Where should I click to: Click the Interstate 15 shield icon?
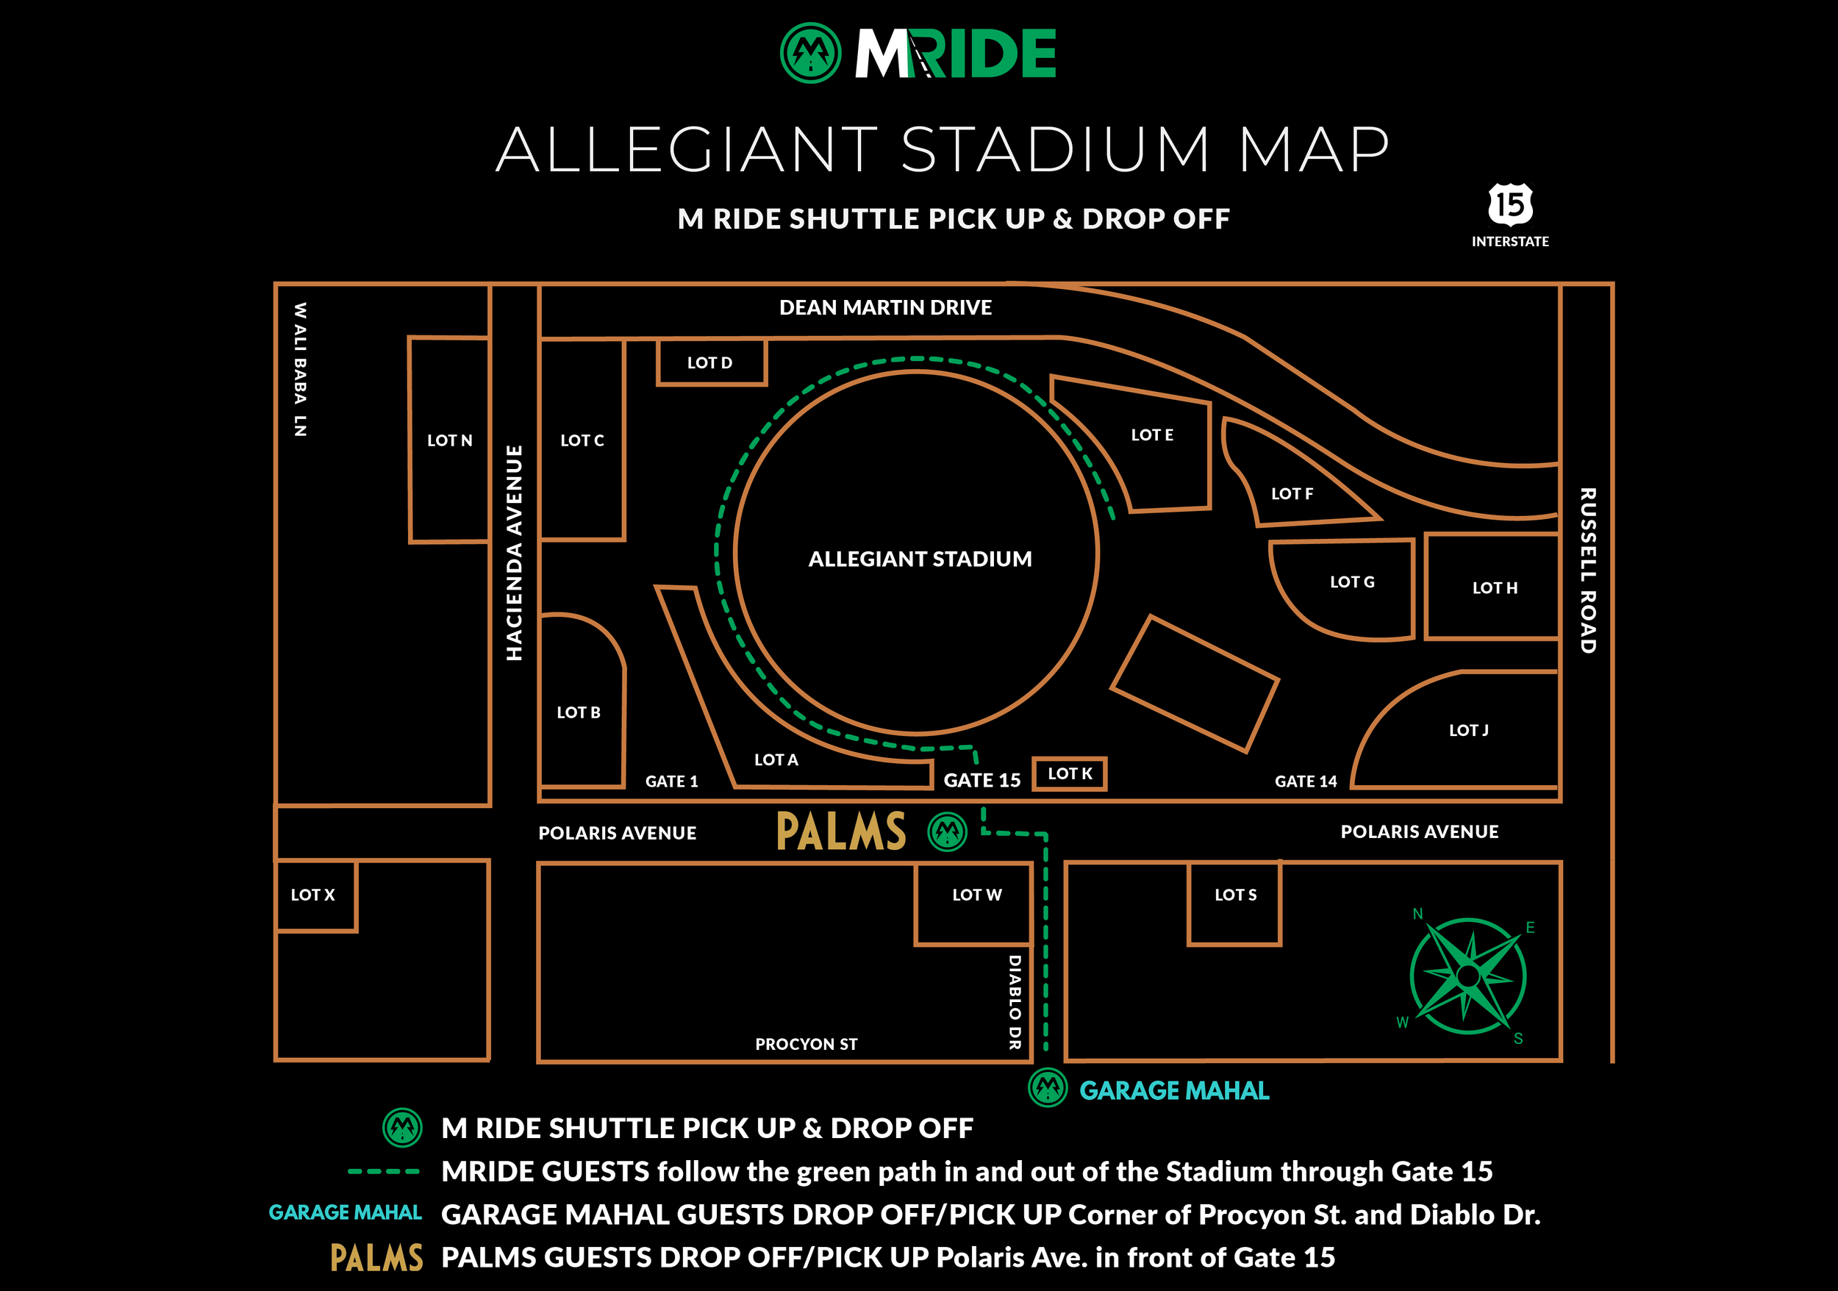pyautogui.click(x=1510, y=205)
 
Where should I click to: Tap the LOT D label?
pyautogui.click(x=709, y=362)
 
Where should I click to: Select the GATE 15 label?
pyautogui.click(x=981, y=780)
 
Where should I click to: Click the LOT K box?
pyautogui.click(x=1070, y=774)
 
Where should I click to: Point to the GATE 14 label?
pyautogui.click(x=1305, y=782)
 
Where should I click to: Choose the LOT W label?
pyautogui.click(x=976, y=895)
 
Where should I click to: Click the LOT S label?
pyautogui.click(x=1235, y=895)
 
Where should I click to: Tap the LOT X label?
pyautogui.click(x=312, y=895)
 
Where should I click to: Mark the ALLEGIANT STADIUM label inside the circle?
pyautogui.click(x=920, y=559)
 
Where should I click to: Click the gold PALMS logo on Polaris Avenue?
pyautogui.click(x=840, y=831)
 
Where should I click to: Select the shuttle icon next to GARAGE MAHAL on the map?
pyautogui.click(x=1047, y=1087)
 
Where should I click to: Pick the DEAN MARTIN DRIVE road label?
pyautogui.click(x=885, y=307)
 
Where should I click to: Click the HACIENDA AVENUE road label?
pyautogui.click(x=514, y=552)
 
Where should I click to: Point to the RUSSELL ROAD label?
pyautogui.click(x=1588, y=570)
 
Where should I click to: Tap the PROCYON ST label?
pyautogui.click(x=806, y=1044)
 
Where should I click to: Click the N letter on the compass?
pyautogui.click(x=1417, y=913)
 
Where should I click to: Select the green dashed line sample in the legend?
pyautogui.click(x=384, y=1172)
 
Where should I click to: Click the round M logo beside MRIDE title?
pyautogui.click(x=810, y=53)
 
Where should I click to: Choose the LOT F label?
pyautogui.click(x=1291, y=494)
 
